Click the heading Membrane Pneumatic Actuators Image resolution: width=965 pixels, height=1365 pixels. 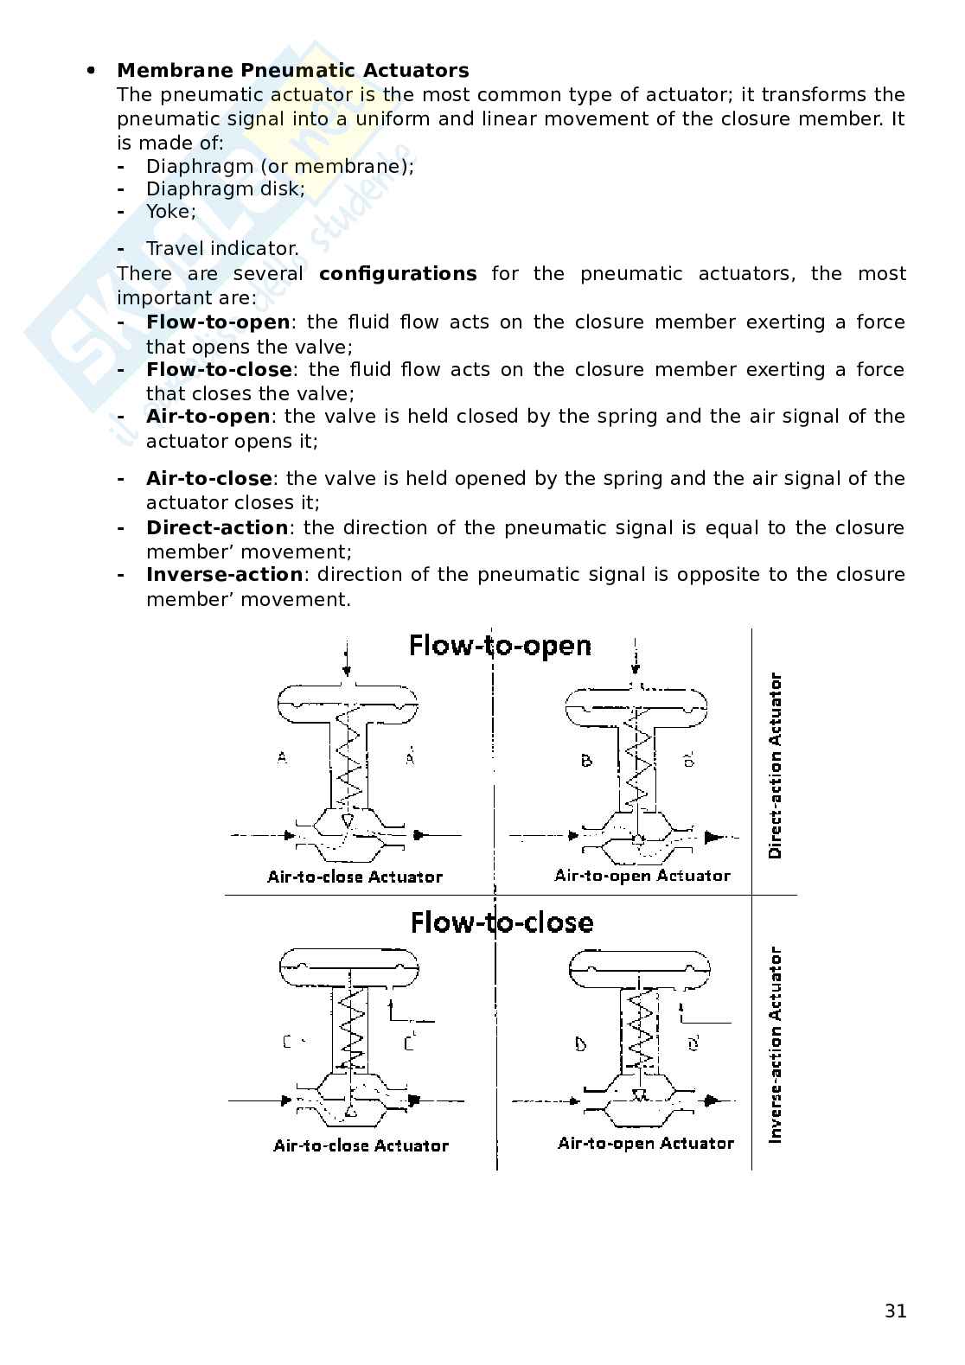292,70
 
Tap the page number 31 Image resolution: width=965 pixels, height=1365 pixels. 896,1311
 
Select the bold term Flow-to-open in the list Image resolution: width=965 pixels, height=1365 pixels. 218,322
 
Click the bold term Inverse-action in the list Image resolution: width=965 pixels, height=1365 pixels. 224,575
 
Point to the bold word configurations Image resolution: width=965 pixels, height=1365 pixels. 397,274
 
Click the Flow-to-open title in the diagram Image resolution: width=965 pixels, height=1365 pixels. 500,646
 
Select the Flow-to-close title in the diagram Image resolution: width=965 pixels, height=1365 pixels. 502,922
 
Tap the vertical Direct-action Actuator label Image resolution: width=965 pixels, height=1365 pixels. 775,765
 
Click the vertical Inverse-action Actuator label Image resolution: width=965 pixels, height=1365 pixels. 775,1045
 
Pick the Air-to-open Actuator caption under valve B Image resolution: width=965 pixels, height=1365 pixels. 642,876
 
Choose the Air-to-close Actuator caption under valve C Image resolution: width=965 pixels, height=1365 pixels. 361,1145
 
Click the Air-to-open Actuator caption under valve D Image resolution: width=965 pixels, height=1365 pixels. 645,1144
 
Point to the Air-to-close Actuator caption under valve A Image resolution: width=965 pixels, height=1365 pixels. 355,877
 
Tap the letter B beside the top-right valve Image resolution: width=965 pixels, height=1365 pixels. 586,761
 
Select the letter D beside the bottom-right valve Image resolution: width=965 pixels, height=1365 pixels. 580,1044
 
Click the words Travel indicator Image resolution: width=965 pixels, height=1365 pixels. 222,249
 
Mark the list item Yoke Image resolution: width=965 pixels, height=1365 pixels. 170,212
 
